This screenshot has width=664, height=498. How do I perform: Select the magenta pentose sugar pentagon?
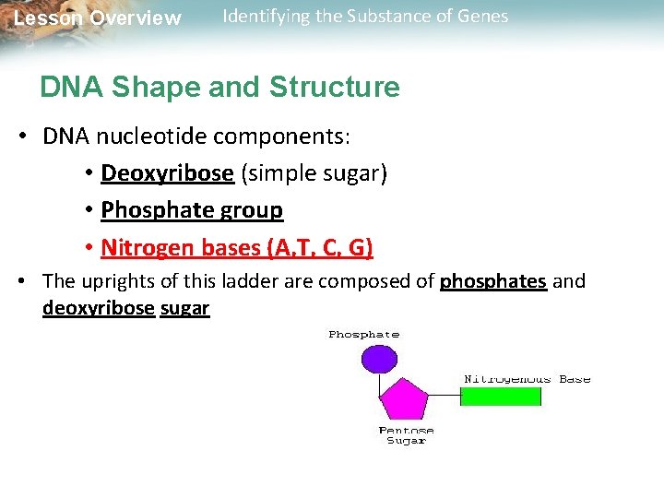click(403, 398)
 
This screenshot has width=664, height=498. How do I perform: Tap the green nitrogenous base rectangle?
click(501, 396)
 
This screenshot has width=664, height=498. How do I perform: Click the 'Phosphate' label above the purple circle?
click(364, 335)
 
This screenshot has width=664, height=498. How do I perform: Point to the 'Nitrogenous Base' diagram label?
click(527, 379)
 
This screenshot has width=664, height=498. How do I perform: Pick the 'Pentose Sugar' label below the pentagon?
click(406, 435)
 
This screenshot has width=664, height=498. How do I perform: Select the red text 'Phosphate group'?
click(192, 210)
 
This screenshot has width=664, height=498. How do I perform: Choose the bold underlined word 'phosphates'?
click(493, 281)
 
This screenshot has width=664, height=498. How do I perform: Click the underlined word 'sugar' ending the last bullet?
click(184, 308)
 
